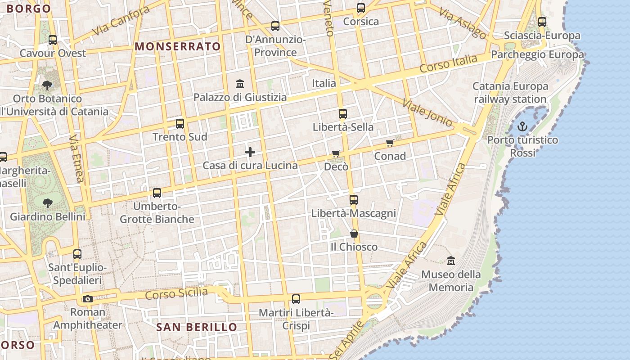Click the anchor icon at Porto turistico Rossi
tap(522, 126)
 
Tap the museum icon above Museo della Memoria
tap(450, 261)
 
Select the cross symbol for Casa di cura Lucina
tap(250, 152)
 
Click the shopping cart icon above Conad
tap(390, 143)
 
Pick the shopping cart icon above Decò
tap(336, 154)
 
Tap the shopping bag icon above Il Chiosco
tap(354, 234)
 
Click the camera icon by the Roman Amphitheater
tap(88, 299)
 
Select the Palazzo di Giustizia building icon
tap(240, 84)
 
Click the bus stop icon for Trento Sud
tap(180, 123)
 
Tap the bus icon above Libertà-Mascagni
tap(354, 200)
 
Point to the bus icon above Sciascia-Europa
tap(542, 22)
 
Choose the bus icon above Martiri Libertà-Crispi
tap(296, 299)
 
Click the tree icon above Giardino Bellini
tap(47, 203)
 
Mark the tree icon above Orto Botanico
tap(47, 85)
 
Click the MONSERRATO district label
tap(178, 46)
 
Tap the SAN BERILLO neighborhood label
tap(197, 327)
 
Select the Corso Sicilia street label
tap(176, 294)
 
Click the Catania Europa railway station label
tap(510, 92)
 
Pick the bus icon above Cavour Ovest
tap(53, 40)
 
